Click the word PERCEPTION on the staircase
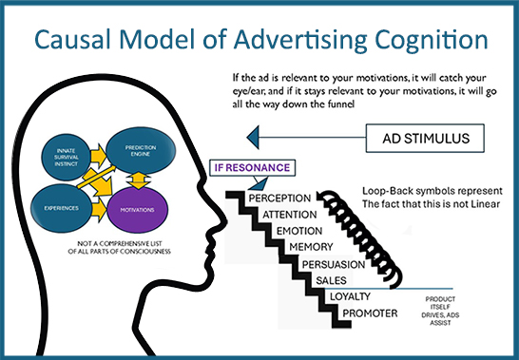(x=282, y=197)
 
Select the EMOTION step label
(x=302, y=231)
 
